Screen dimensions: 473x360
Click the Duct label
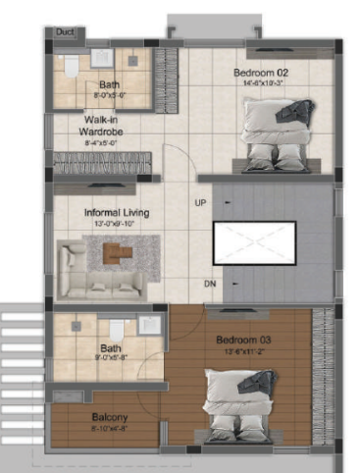tap(66, 32)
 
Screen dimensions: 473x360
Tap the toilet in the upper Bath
tap(70, 66)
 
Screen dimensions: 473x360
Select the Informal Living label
tap(116, 212)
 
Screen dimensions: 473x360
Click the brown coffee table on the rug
tap(119, 254)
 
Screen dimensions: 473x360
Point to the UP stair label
tap(200, 203)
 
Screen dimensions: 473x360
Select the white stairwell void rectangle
tap(255, 241)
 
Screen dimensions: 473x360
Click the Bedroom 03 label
tap(242, 342)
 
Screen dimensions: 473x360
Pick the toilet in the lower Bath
tap(117, 330)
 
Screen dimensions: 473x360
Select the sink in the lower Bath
tap(76, 327)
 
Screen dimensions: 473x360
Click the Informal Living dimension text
tap(116, 224)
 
